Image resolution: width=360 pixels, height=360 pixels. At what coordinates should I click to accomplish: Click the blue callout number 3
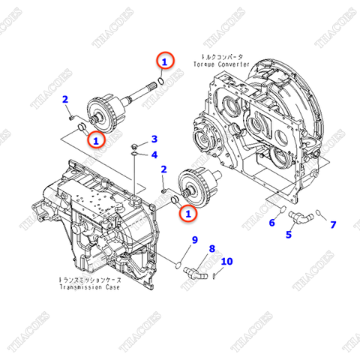click(154, 139)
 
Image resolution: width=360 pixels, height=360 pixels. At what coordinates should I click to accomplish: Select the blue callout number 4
click(154, 154)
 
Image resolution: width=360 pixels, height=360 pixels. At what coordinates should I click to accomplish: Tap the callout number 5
click(288, 235)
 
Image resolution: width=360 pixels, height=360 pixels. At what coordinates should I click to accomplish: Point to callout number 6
click(271, 222)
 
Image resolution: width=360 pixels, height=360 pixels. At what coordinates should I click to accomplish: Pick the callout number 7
click(333, 224)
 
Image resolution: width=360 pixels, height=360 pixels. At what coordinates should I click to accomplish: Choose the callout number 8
click(211, 248)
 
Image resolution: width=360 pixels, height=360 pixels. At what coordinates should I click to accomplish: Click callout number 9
click(193, 240)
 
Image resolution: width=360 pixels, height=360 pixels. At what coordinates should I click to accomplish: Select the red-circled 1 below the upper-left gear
click(96, 139)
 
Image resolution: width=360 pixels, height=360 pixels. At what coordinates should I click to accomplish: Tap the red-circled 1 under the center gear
click(188, 214)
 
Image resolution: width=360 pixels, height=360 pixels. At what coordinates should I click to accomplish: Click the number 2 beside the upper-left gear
click(65, 100)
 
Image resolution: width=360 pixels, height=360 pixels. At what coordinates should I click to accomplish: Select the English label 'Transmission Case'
click(92, 286)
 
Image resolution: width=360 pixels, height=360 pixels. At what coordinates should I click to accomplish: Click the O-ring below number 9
click(178, 263)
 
